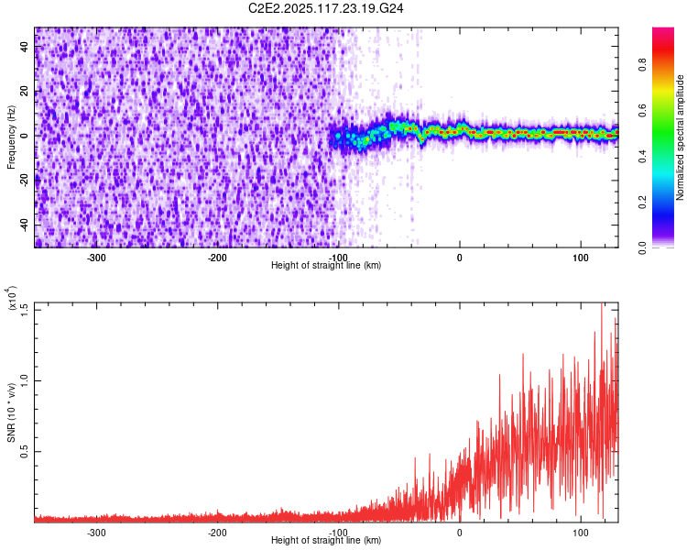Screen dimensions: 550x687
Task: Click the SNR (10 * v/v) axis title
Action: [11, 412]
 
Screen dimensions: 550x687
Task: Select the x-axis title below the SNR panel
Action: [326, 541]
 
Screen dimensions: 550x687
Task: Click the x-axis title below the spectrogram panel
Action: [326, 266]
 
